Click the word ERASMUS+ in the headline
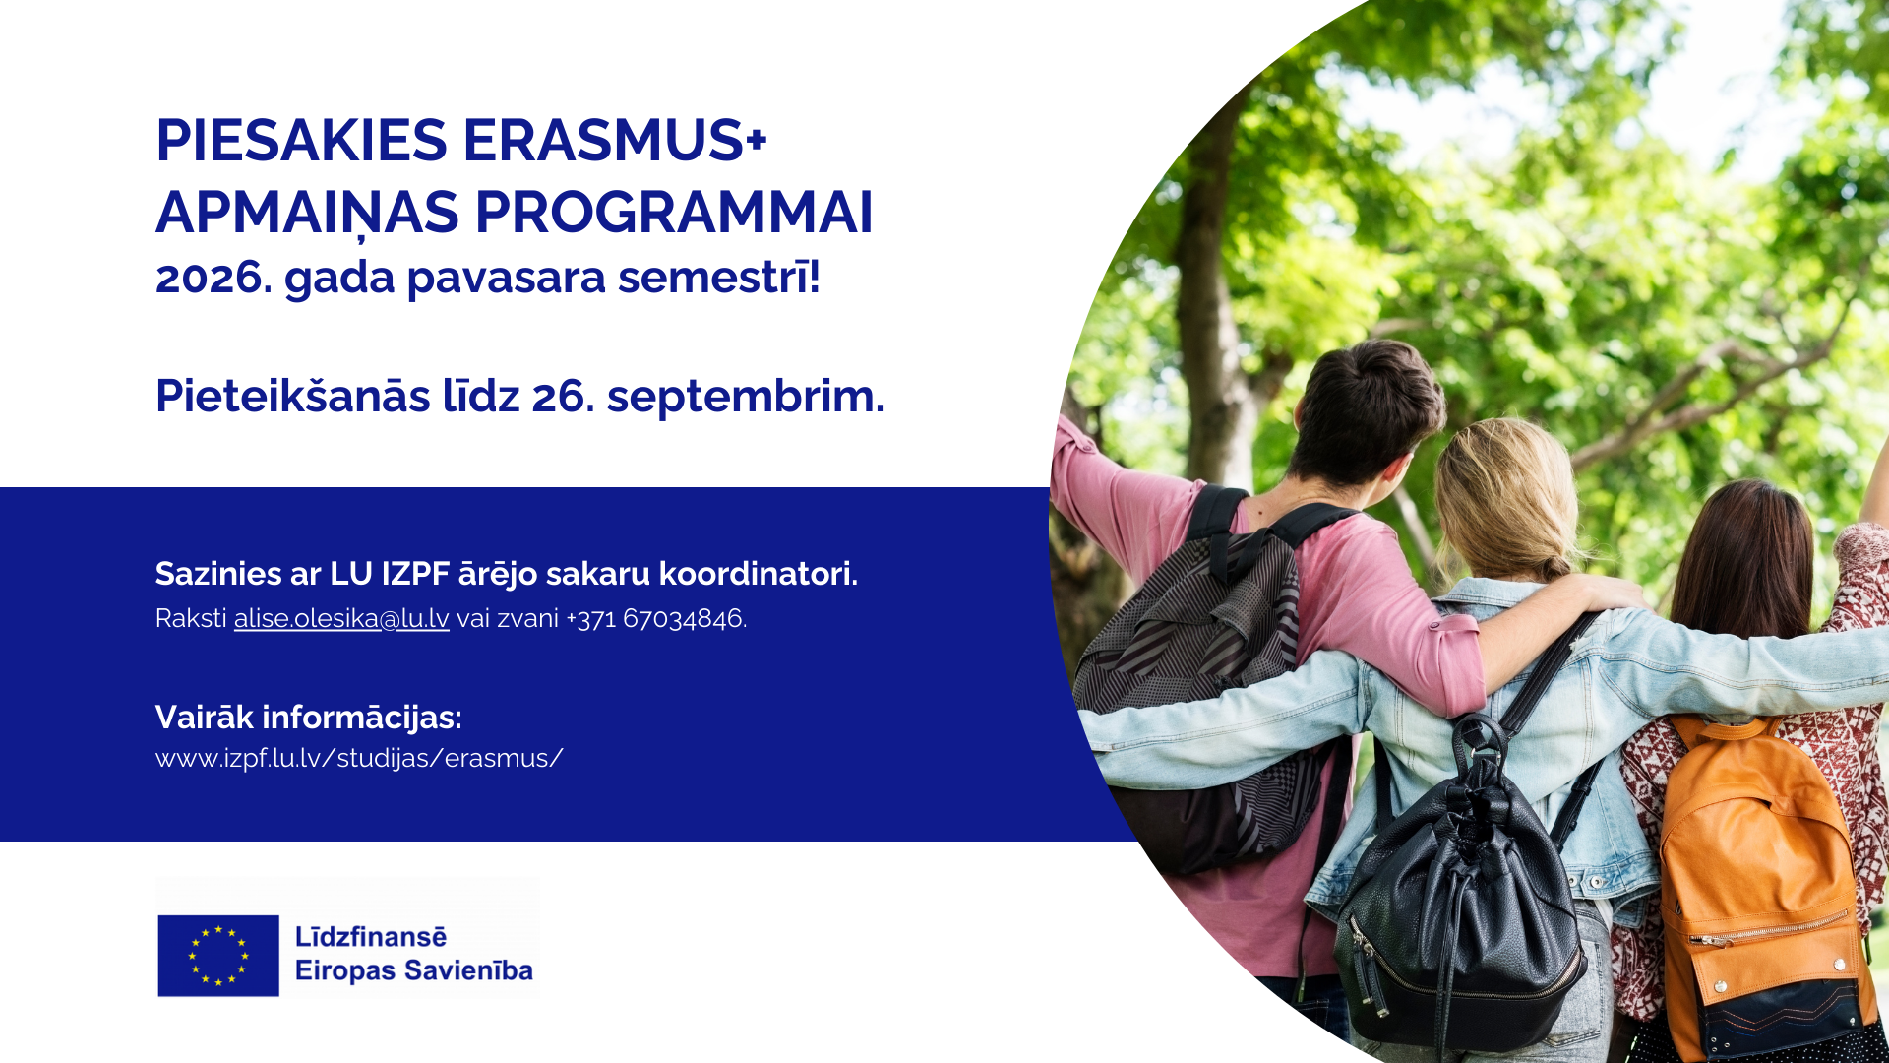point(615,140)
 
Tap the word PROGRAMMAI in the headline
point(674,212)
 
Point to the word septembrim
point(745,396)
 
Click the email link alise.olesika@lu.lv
point(341,618)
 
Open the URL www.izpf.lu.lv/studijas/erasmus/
point(359,758)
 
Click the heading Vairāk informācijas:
point(309,717)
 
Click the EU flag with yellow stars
point(218,956)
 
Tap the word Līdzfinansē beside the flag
point(371,937)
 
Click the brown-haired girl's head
point(1741,556)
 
